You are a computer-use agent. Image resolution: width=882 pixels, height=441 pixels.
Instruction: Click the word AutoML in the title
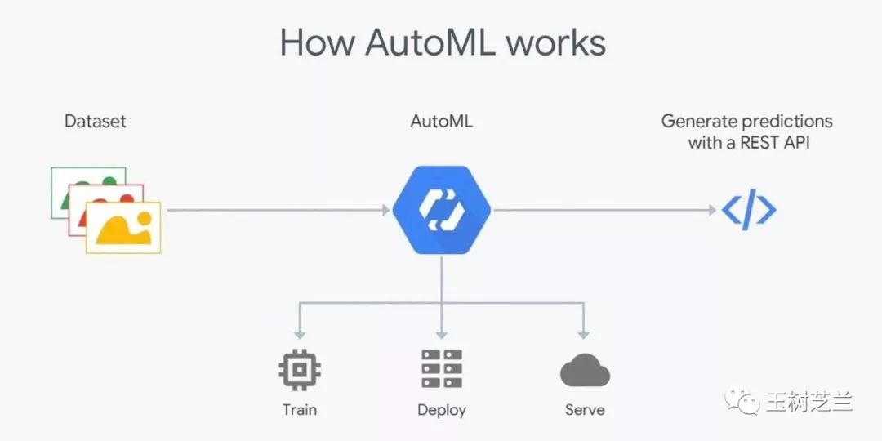(430, 42)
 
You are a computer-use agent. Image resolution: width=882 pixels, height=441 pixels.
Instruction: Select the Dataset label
(96, 121)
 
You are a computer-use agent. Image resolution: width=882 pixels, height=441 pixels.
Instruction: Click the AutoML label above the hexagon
(442, 121)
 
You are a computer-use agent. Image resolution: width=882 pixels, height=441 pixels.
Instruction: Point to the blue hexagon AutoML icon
(442, 210)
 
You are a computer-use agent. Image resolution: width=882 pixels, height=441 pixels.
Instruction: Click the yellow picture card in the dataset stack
(123, 227)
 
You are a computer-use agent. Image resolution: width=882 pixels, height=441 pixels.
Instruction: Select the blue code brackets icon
(749, 210)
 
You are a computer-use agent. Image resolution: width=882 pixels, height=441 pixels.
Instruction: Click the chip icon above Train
(300, 369)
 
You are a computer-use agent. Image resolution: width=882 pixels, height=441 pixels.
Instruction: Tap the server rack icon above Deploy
(442, 369)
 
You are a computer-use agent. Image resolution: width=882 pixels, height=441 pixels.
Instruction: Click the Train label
(300, 409)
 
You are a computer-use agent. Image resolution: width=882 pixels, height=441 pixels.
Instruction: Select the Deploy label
(442, 410)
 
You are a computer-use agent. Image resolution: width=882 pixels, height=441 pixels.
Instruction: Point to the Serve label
(585, 409)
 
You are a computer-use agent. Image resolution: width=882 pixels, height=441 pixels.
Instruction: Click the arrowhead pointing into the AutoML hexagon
(385, 210)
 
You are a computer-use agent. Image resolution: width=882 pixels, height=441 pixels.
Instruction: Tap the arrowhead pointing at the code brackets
(712, 210)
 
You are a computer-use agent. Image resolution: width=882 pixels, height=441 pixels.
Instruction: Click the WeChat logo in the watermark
(741, 400)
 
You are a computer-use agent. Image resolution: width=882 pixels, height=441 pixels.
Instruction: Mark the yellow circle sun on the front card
(144, 218)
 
